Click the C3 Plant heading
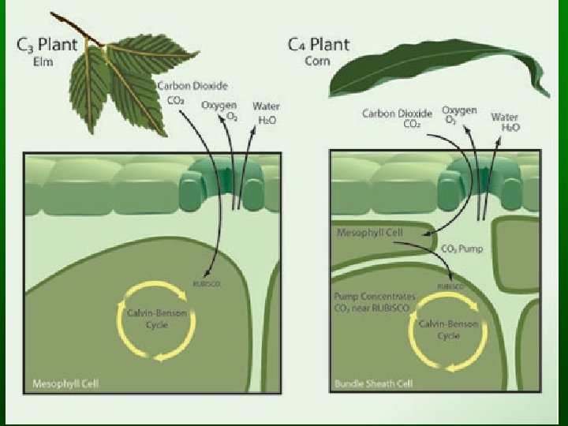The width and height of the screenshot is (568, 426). click(47, 45)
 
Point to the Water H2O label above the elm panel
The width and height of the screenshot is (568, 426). click(266, 112)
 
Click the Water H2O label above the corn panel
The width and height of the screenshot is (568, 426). click(505, 121)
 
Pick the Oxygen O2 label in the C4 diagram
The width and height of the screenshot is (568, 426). click(459, 115)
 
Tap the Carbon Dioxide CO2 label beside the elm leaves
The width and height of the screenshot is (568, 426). click(182, 93)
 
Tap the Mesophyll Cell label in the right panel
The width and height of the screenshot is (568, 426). click(369, 233)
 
